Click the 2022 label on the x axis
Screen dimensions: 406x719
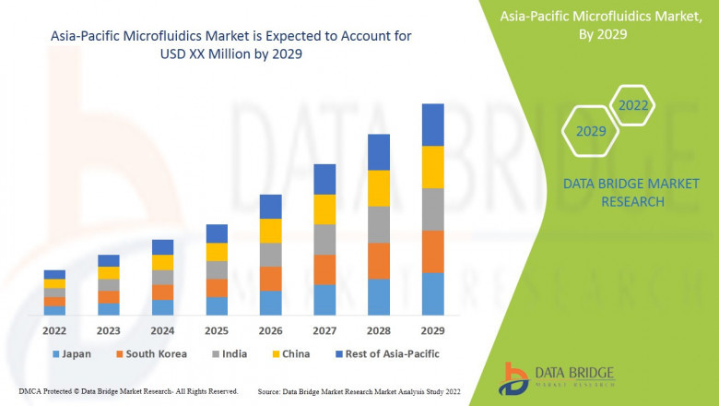pyautogui.click(x=54, y=329)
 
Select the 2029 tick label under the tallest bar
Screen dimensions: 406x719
pyautogui.click(x=432, y=329)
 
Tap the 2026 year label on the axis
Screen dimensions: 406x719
pyautogui.click(x=270, y=329)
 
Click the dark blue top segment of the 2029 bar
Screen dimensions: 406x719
pyautogui.click(x=432, y=125)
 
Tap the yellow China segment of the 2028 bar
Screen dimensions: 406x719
pyautogui.click(x=379, y=188)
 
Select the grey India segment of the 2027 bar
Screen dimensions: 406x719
pyautogui.click(x=324, y=239)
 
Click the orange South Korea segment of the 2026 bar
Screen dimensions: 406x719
pyautogui.click(x=270, y=279)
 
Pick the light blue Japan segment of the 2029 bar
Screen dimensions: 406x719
pyautogui.click(x=432, y=293)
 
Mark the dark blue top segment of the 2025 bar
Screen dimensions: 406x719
pyautogui.click(x=217, y=233)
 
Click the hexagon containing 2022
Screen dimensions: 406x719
pyautogui.click(x=632, y=106)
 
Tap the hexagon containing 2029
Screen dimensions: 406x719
pyautogui.click(x=591, y=131)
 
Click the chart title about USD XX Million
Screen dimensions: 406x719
pyautogui.click(x=225, y=45)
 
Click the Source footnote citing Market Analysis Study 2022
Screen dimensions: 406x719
pyautogui.click(x=359, y=391)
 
